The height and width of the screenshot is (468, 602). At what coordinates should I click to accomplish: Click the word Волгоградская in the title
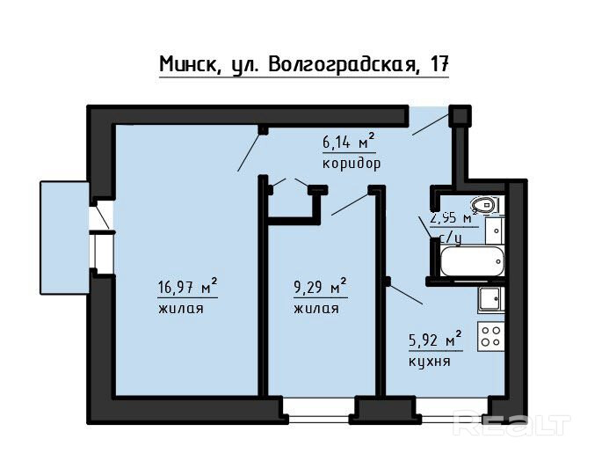344,64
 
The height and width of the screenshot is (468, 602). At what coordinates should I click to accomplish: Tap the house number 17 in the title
439,63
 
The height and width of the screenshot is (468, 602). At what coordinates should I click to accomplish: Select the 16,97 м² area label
187,287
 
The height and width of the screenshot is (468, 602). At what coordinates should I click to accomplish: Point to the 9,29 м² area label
320,287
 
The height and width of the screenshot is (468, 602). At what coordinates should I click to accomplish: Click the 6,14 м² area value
348,142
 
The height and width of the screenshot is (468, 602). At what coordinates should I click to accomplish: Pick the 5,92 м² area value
435,340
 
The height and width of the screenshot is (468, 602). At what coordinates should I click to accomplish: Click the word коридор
352,165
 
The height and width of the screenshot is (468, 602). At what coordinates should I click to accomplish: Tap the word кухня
429,362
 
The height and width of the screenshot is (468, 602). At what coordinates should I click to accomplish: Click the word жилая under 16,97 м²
180,309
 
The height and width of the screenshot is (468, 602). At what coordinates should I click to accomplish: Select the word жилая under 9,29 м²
316,309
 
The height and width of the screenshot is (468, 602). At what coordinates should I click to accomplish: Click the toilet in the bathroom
484,204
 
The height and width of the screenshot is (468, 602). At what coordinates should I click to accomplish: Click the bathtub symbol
472,261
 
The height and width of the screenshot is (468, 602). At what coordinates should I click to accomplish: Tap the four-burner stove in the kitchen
490,336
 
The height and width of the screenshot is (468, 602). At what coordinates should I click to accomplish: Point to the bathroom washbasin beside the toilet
495,230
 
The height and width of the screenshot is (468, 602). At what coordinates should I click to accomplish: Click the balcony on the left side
65,238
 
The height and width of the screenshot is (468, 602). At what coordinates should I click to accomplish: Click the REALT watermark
511,423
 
